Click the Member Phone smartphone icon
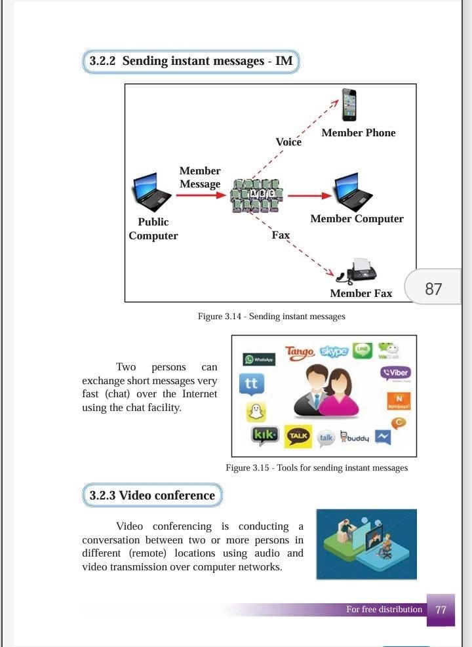(349, 104)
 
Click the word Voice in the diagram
(288, 142)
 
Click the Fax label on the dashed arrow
(281, 235)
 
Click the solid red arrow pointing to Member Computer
(309, 195)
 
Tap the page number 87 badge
(433, 289)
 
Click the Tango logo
(300, 352)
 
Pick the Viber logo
(395, 372)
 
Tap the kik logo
(265, 435)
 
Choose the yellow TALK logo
(298, 437)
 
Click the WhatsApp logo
(259, 359)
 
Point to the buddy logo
(355, 437)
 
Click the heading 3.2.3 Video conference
(152, 496)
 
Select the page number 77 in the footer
(441, 610)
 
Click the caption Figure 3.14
(271, 317)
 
